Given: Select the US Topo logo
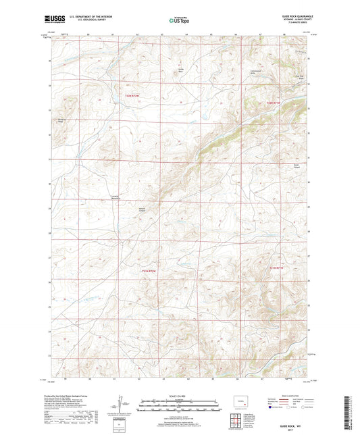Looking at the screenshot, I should point(176,21).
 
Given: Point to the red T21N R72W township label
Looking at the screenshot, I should point(149,272).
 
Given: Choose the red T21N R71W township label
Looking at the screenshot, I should point(278,270).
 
